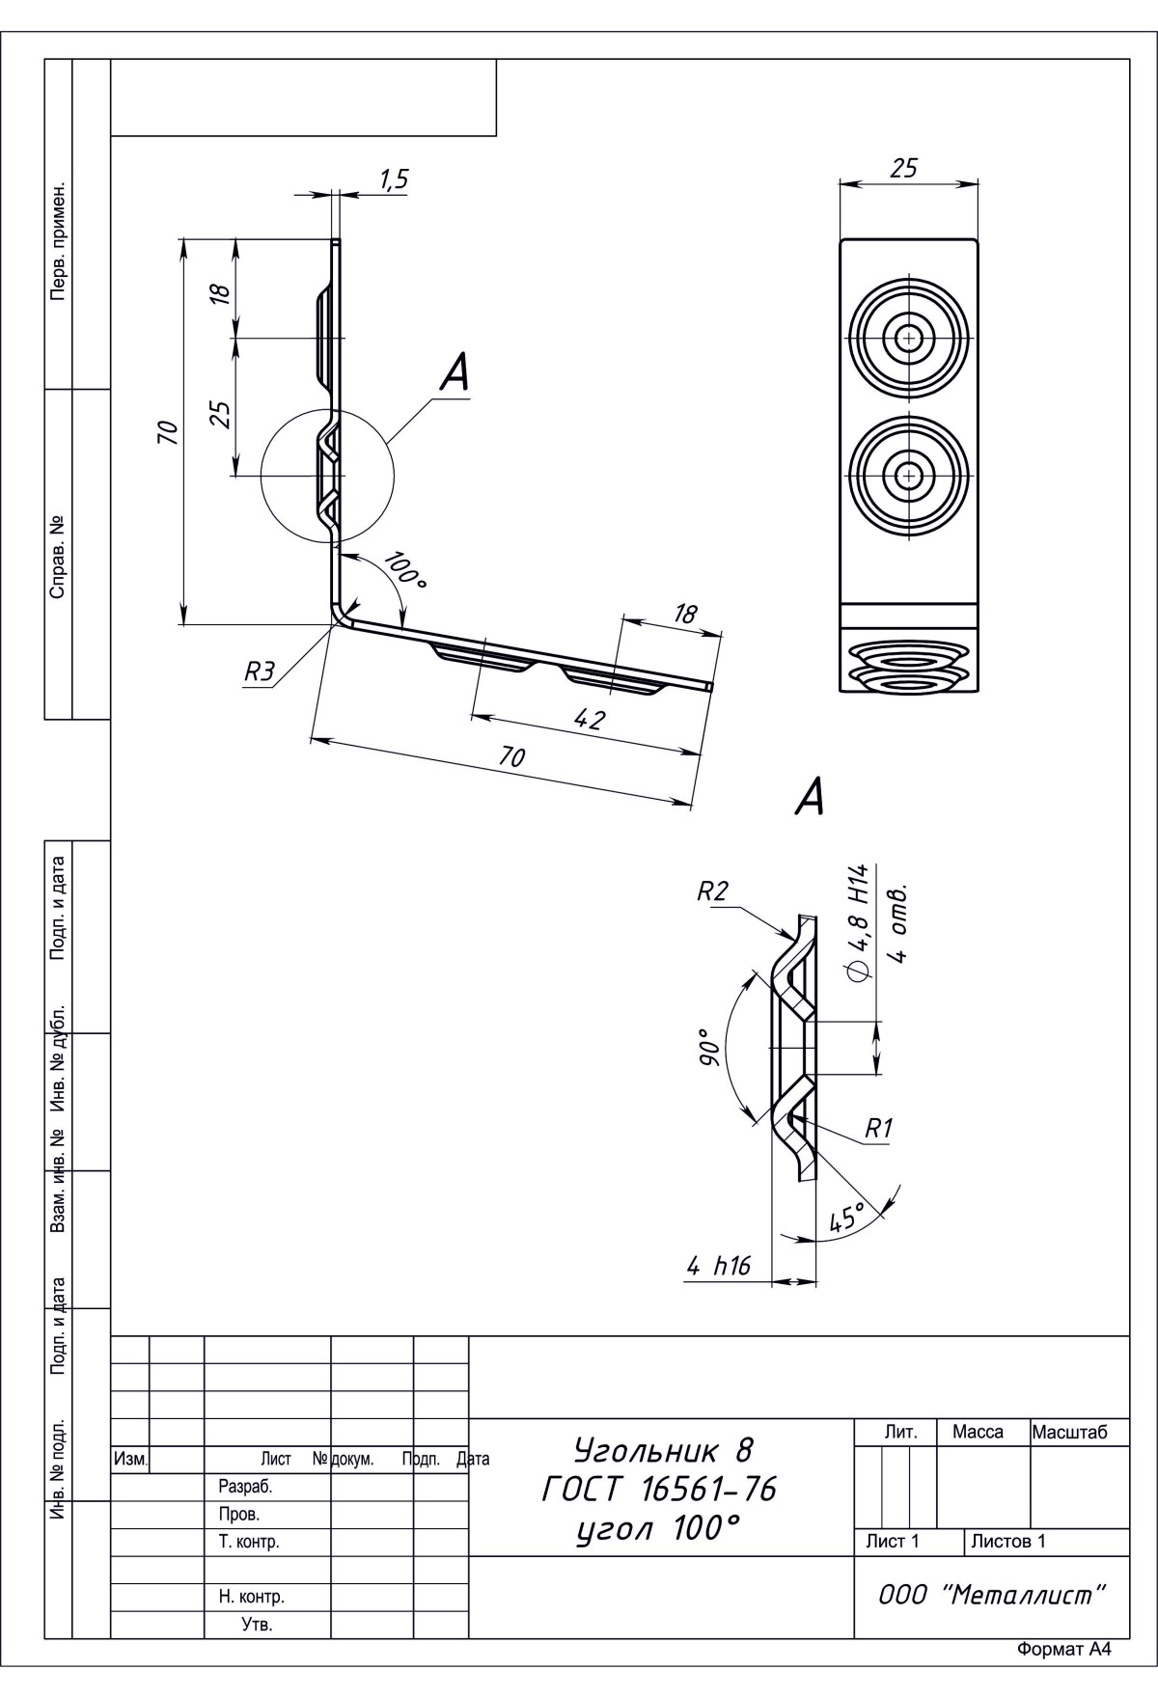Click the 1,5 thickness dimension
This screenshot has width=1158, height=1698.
click(x=393, y=178)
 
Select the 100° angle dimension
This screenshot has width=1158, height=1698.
click(x=405, y=570)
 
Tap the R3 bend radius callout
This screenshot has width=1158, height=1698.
click(x=259, y=671)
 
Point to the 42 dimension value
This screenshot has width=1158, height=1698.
click(x=590, y=719)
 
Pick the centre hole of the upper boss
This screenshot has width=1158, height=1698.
click(x=908, y=339)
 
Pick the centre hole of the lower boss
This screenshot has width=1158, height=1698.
click(x=908, y=476)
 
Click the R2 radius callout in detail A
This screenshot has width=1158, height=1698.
click(x=712, y=891)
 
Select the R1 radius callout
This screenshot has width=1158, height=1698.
click(x=878, y=1128)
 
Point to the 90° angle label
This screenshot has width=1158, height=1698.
click(x=710, y=1048)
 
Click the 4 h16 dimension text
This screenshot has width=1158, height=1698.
click(x=718, y=1265)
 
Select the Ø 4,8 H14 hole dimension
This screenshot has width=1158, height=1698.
click(x=858, y=921)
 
